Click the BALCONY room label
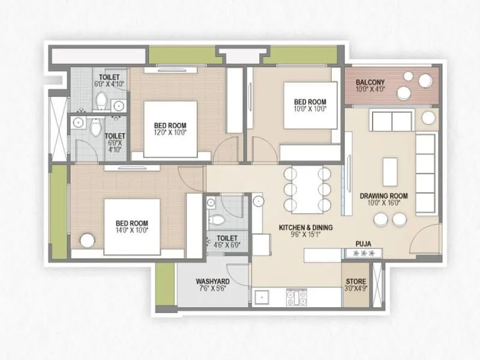pos(370,82)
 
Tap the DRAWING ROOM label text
pos(384,196)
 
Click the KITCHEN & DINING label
pos(305,227)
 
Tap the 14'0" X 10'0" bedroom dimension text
pos(131,229)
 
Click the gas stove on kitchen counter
pos(296,295)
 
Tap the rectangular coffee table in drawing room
pos(391,171)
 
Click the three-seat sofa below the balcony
pos(392,121)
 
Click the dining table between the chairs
pos(306,186)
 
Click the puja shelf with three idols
pos(362,254)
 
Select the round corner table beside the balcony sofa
pos(428,118)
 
